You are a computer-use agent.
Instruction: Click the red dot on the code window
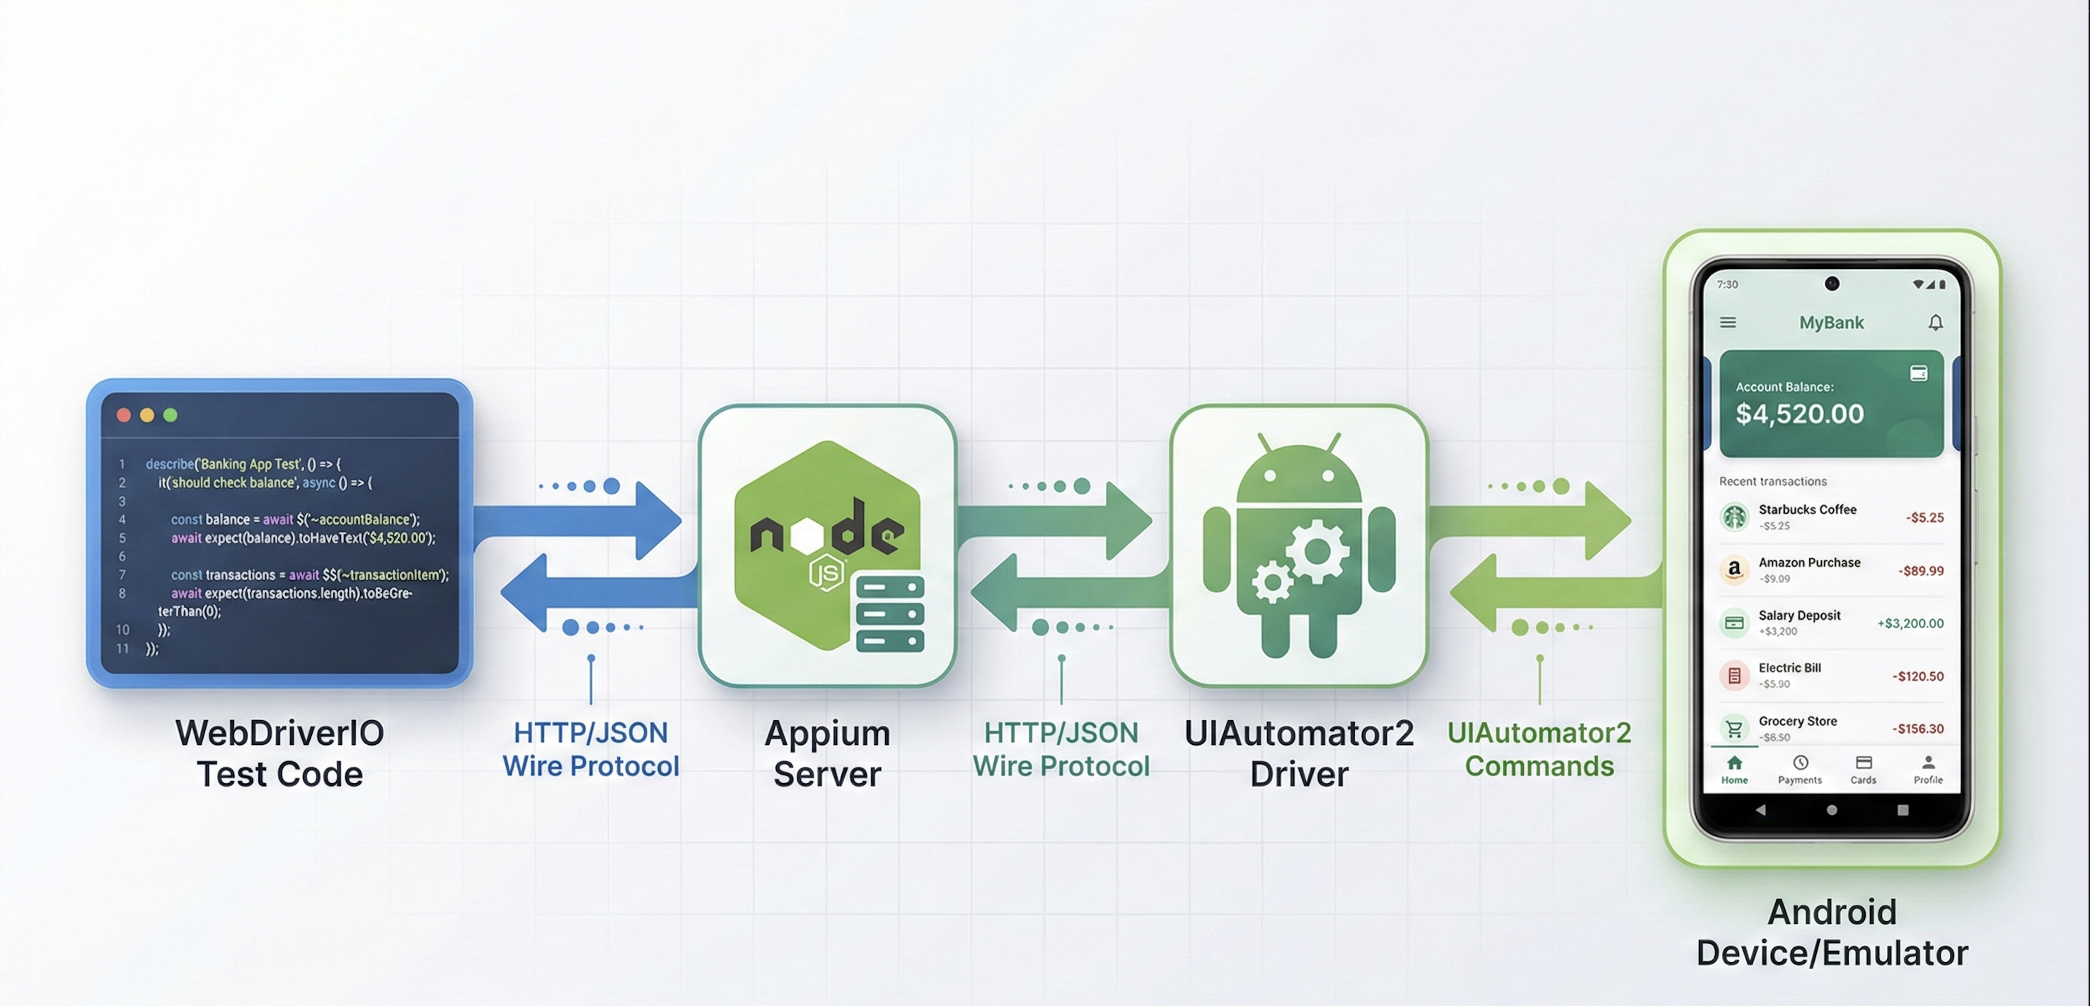[x=124, y=415]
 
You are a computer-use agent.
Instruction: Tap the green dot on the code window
[x=171, y=415]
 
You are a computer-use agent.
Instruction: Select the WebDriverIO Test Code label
[x=280, y=753]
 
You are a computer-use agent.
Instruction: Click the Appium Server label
[x=827, y=753]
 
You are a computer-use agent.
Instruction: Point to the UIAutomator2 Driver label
[x=1299, y=753]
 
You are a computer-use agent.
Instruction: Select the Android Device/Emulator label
[x=1832, y=932]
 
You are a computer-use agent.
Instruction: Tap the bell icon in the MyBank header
[x=1935, y=323]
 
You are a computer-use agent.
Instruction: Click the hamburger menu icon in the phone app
[x=1728, y=323]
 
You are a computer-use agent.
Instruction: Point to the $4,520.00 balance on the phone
[x=1799, y=414]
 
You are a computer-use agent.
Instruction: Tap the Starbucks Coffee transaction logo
[x=1735, y=516]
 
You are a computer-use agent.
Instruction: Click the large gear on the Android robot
[x=1317, y=552]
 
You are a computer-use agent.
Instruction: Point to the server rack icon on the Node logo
[x=890, y=613]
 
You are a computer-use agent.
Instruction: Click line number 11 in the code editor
[x=122, y=648]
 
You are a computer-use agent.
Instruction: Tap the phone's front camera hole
[x=1832, y=283]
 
